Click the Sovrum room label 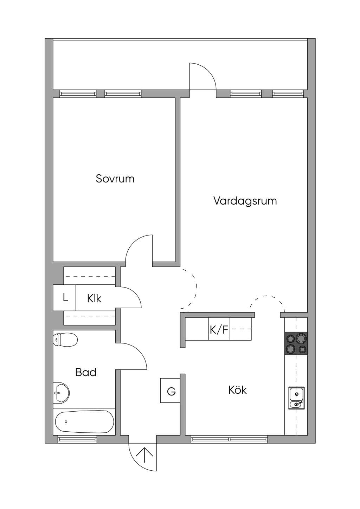pos(115,179)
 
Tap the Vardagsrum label pos(245,201)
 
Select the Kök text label pos(238,390)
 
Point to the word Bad pos(86,372)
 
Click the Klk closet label pos(94,298)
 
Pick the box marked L pos(64,297)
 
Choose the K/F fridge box pos(219,329)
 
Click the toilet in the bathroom pos(65,340)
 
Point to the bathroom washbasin pos(61,392)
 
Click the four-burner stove pos(296,343)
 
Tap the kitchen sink pos(297,398)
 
